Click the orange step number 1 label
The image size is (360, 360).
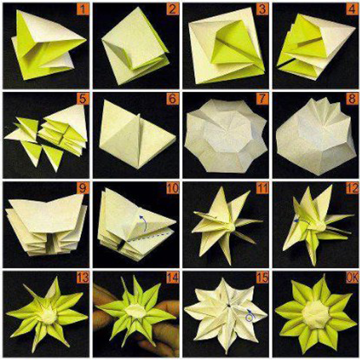click(x=83, y=9)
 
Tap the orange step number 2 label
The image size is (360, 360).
click(x=173, y=9)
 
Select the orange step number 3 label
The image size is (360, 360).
click(x=262, y=9)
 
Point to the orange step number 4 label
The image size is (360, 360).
click(x=352, y=9)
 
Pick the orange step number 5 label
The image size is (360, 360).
click(x=83, y=98)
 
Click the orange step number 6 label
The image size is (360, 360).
click(x=173, y=98)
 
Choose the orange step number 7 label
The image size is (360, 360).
click(x=262, y=98)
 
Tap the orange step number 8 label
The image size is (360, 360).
click(x=352, y=98)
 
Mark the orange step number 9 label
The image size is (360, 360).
click(x=83, y=188)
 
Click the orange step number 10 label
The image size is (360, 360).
click(x=173, y=188)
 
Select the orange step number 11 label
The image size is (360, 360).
click(x=262, y=188)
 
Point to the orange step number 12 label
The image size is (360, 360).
click(x=352, y=188)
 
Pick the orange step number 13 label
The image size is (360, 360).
click(x=83, y=278)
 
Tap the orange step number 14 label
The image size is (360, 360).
click(x=173, y=278)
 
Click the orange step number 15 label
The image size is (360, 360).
click(x=262, y=278)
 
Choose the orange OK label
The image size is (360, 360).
click(x=352, y=278)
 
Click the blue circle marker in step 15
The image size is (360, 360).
click(x=250, y=317)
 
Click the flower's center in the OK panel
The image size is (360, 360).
click(x=315, y=314)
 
